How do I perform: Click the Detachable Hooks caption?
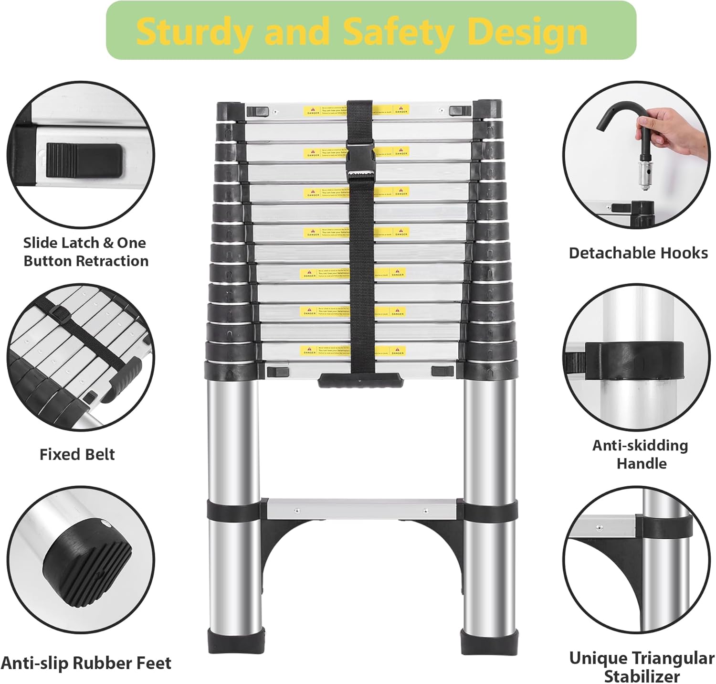[x=638, y=253]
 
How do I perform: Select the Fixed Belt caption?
[x=77, y=454]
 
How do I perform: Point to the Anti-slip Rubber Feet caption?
[x=86, y=663]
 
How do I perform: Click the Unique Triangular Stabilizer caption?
[x=642, y=667]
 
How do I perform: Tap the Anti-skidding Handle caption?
[x=641, y=454]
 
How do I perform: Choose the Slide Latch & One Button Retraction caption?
[x=85, y=252]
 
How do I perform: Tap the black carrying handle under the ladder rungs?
[x=361, y=380]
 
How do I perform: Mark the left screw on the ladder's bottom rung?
[x=297, y=510]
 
